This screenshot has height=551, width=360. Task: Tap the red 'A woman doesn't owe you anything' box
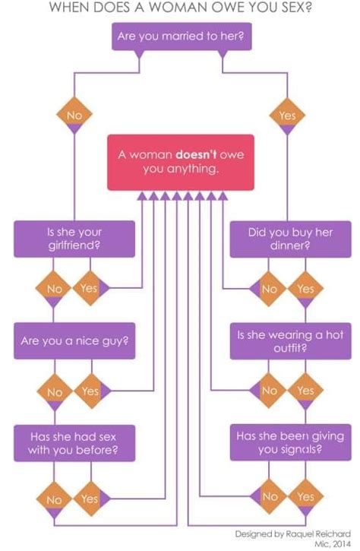click(180, 162)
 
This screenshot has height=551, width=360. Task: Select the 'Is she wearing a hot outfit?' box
click(288, 340)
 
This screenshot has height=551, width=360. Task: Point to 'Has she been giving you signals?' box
click(288, 443)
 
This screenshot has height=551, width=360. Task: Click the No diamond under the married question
click(74, 116)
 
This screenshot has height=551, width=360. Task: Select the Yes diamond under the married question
click(287, 116)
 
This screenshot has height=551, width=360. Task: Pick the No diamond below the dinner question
click(270, 289)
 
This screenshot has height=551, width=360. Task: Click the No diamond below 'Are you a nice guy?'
click(54, 392)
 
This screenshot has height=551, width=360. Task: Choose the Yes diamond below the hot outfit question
click(305, 391)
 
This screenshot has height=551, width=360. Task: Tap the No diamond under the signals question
click(270, 496)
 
